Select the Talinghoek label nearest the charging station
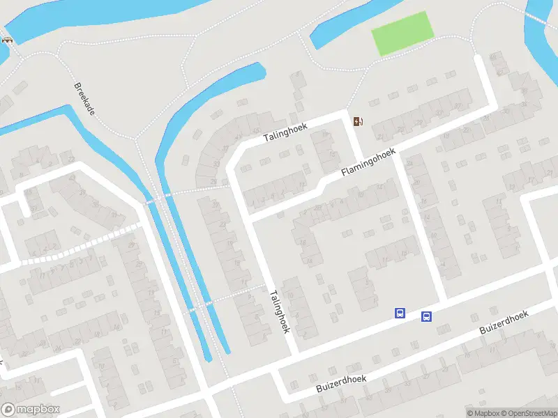290,130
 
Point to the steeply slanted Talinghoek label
280,311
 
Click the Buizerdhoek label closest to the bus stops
504,324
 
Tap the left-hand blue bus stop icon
400,313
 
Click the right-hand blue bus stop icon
425,317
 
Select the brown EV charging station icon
358,122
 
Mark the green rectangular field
402,33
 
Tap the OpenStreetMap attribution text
524,412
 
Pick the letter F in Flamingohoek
343,174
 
